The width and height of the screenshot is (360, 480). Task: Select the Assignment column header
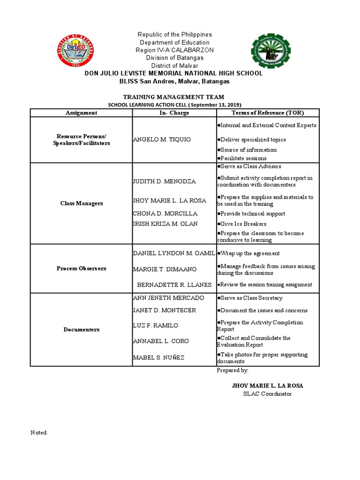[x=81, y=113]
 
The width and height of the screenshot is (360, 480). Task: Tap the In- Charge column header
[x=174, y=113]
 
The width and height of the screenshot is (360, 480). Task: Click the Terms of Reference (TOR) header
[x=268, y=113]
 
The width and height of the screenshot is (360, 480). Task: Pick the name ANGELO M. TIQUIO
[x=162, y=140]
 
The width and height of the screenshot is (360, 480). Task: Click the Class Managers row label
[x=81, y=203]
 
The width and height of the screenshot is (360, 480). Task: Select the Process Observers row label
[x=81, y=269]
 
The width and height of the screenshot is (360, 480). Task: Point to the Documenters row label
[x=81, y=330]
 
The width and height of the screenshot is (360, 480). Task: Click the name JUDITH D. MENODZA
[x=165, y=181]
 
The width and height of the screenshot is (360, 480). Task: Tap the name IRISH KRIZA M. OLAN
[x=165, y=224]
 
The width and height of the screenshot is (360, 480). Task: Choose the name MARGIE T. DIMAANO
[x=165, y=269]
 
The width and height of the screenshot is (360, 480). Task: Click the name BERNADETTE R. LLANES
[x=174, y=285]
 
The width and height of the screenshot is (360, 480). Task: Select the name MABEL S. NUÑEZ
[x=159, y=358]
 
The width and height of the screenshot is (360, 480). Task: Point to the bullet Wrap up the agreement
[x=249, y=253]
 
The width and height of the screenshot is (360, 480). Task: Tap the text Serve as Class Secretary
[x=250, y=298]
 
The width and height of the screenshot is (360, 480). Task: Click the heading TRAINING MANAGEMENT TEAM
[x=173, y=97]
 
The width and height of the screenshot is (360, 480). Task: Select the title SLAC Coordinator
[x=267, y=394]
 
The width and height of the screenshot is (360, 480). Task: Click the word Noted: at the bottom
[x=39, y=433]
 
